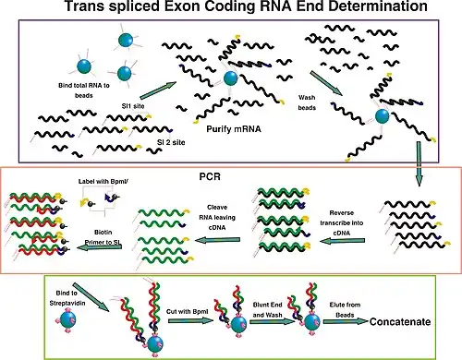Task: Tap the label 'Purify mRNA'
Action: (234, 129)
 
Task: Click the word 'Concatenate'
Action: (400, 322)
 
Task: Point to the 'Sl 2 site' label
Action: (171, 142)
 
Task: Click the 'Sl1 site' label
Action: (133, 106)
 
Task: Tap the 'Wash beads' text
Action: (307, 102)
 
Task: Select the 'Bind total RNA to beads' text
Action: (84, 90)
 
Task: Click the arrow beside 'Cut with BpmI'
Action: (190, 321)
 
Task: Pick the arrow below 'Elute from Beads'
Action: (346, 321)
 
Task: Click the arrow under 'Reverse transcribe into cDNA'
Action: (342, 241)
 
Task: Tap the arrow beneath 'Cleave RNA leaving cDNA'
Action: (217, 240)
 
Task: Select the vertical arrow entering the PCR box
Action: (419, 163)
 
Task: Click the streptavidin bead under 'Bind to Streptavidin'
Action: (67, 320)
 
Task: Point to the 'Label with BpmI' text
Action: (103, 182)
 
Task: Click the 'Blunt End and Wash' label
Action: (267, 310)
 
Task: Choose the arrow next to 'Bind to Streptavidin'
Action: (91, 297)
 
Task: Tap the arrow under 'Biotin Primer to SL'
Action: (99, 246)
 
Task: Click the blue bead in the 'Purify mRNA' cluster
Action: (230, 78)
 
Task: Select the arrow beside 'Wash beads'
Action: (326, 83)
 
